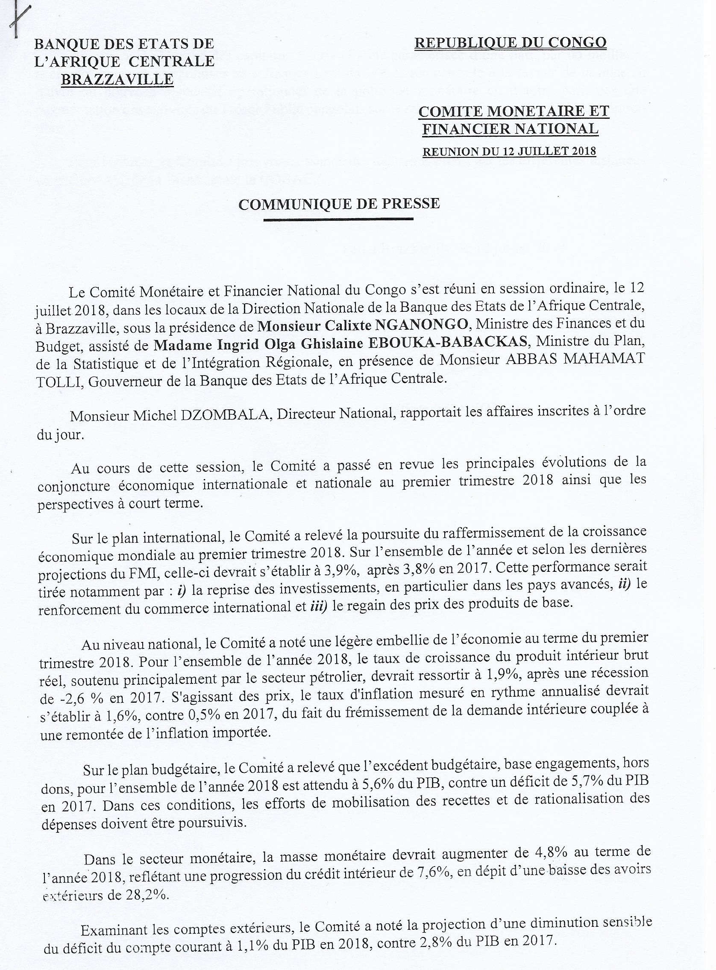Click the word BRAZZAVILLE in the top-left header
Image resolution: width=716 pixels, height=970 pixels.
pyautogui.click(x=117, y=80)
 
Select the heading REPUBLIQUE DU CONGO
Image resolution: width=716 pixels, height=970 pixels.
pyautogui.click(x=510, y=42)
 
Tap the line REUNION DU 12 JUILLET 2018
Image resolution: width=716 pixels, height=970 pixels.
pyautogui.click(x=509, y=151)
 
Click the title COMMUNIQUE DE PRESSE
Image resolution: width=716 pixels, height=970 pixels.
pyautogui.click(x=339, y=204)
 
